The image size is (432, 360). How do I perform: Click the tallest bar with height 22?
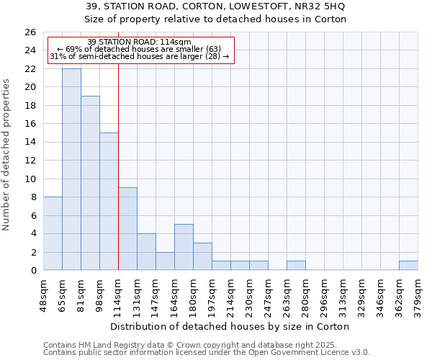71,169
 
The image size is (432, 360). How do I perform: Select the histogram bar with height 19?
90,183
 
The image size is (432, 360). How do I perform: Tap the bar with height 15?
109,202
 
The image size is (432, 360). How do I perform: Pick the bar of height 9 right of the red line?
127,229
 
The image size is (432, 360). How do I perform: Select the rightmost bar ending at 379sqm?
408,266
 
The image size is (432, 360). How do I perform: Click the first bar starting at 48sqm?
53,233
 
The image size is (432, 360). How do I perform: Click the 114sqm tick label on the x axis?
118,294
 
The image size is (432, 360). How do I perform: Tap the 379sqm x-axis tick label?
418,294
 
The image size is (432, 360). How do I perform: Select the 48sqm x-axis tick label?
43,294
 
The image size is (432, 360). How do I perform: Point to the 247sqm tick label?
268,294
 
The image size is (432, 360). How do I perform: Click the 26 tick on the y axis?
30,32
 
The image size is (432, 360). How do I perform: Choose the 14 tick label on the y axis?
30,142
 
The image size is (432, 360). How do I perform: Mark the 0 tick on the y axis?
33,270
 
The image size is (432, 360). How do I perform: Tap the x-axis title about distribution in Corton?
230,326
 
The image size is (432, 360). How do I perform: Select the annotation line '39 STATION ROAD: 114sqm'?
139,42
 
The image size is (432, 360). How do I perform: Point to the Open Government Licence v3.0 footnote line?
207,353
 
